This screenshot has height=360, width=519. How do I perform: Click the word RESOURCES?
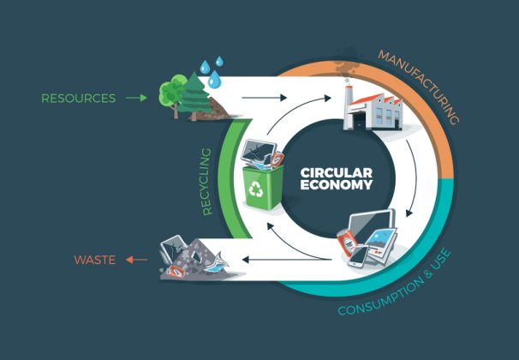click(x=79, y=98)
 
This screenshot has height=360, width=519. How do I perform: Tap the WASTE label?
click(x=95, y=260)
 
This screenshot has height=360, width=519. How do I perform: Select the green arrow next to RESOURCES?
click(x=136, y=98)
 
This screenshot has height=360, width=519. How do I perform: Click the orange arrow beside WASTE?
click(x=136, y=260)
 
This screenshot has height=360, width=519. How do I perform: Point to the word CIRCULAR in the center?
click(x=337, y=173)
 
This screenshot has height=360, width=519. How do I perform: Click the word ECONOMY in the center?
click(x=337, y=184)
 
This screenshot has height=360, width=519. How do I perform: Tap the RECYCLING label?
click(x=206, y=182)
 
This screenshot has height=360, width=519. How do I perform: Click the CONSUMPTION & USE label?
click(x=396, y=285)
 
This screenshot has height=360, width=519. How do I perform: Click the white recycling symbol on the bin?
click(x=256, y=189)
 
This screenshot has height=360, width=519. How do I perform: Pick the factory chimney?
click(x=348, y=105)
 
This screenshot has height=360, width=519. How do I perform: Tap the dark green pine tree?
click(x=194, y=95)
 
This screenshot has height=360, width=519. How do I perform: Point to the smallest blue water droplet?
click(x=219, y=61)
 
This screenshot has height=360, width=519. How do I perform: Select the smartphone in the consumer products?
click(x=359, y=256)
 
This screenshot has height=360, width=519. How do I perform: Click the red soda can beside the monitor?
click(x=347, y=242)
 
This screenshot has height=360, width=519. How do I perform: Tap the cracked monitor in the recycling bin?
click(x=259, y=151)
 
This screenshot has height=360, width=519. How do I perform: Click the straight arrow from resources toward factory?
click(x=264, y=98)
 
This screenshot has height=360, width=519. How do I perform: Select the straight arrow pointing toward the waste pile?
click(x=287, y=260)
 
